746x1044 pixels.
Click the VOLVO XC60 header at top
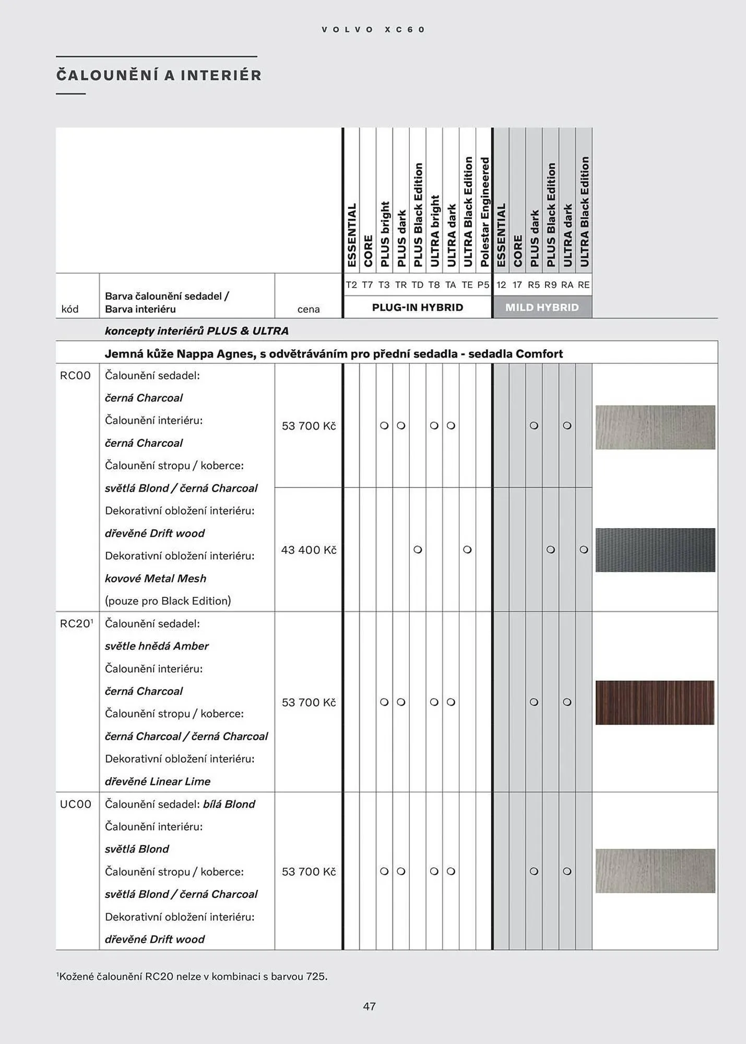tap(373, 30)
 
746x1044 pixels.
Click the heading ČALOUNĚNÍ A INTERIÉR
tap(159, 76)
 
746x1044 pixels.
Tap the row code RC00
tap(75, 375)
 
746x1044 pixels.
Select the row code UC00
tap(75, 804)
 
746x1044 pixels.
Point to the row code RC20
tap(75, 623)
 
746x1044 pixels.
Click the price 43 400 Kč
tap(309, 550)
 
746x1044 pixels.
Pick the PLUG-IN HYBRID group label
tap(417, 307)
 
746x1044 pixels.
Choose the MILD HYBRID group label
tap(542, 307)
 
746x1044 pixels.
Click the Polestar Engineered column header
tap(484, 211)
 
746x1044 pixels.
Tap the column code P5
tap(483, 285)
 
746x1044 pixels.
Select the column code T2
tap(351, 285)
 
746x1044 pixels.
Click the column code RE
tap(584, 285)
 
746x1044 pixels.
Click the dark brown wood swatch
tap(655, 702)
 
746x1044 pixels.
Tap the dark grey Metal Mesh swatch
tap(655, 550)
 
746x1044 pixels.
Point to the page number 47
tap(370, 1006)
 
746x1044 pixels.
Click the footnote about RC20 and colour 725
tap(192, 976)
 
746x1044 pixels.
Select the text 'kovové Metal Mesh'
tap(156, 578)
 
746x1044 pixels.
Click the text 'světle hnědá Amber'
tap(157, 646)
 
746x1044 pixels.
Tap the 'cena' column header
tap(309, 309)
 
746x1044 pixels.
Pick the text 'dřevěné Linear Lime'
tap(158, 781)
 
